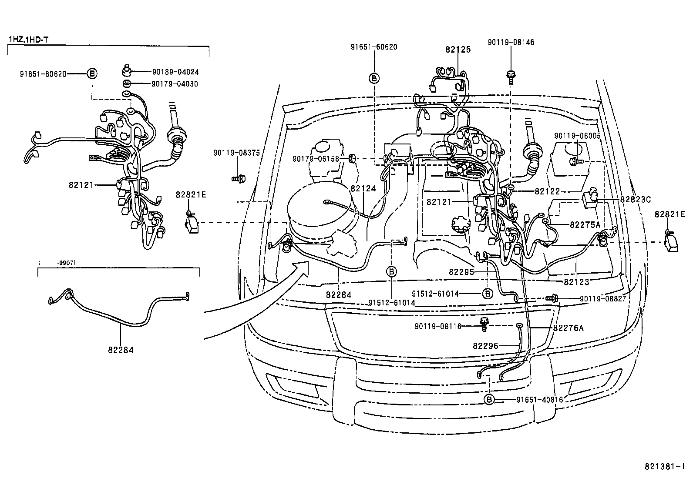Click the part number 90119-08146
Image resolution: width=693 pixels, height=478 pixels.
pos(511,42)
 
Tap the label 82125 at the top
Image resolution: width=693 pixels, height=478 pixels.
pos(458,50)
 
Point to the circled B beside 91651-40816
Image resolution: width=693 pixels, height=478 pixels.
pos(489,399)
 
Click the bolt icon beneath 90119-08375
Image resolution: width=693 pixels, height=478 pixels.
pos(238,177)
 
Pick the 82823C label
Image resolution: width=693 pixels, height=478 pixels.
pos(635,199)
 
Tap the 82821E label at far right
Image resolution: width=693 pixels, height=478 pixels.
pos(670,214)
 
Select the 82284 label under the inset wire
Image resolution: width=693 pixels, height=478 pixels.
pos(120,349)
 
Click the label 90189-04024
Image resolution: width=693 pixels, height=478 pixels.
pos(175,72)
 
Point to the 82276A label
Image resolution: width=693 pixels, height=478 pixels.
pos(568,328)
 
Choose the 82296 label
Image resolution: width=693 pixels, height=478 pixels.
pos(485,346)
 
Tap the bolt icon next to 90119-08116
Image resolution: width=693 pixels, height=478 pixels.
pos(483,322)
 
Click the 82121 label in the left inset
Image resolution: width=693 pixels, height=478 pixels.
pos(81,185)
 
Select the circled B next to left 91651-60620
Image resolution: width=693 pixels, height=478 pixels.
pos(92,74)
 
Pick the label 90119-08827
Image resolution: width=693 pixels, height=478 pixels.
pos(603,299)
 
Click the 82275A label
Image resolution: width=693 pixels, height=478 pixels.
pos(585,224)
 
